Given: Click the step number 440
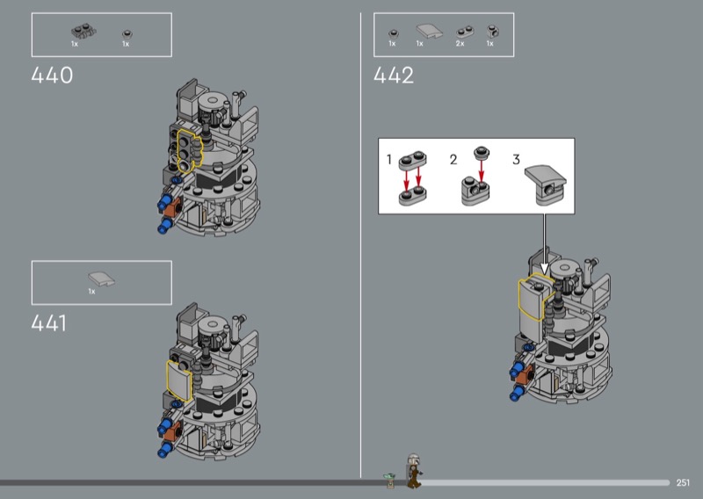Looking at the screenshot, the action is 52,75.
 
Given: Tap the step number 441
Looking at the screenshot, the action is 49,322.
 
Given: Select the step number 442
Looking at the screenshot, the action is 394,75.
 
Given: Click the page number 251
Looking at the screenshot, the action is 683,482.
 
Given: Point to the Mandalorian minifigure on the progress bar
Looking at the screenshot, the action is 413,471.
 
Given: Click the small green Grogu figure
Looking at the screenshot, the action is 389,481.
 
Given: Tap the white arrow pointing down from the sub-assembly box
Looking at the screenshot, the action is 544,244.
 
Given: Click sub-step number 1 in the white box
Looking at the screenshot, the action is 389,159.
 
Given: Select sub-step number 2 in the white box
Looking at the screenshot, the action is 453,159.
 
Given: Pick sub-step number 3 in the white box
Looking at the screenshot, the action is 516,159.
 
